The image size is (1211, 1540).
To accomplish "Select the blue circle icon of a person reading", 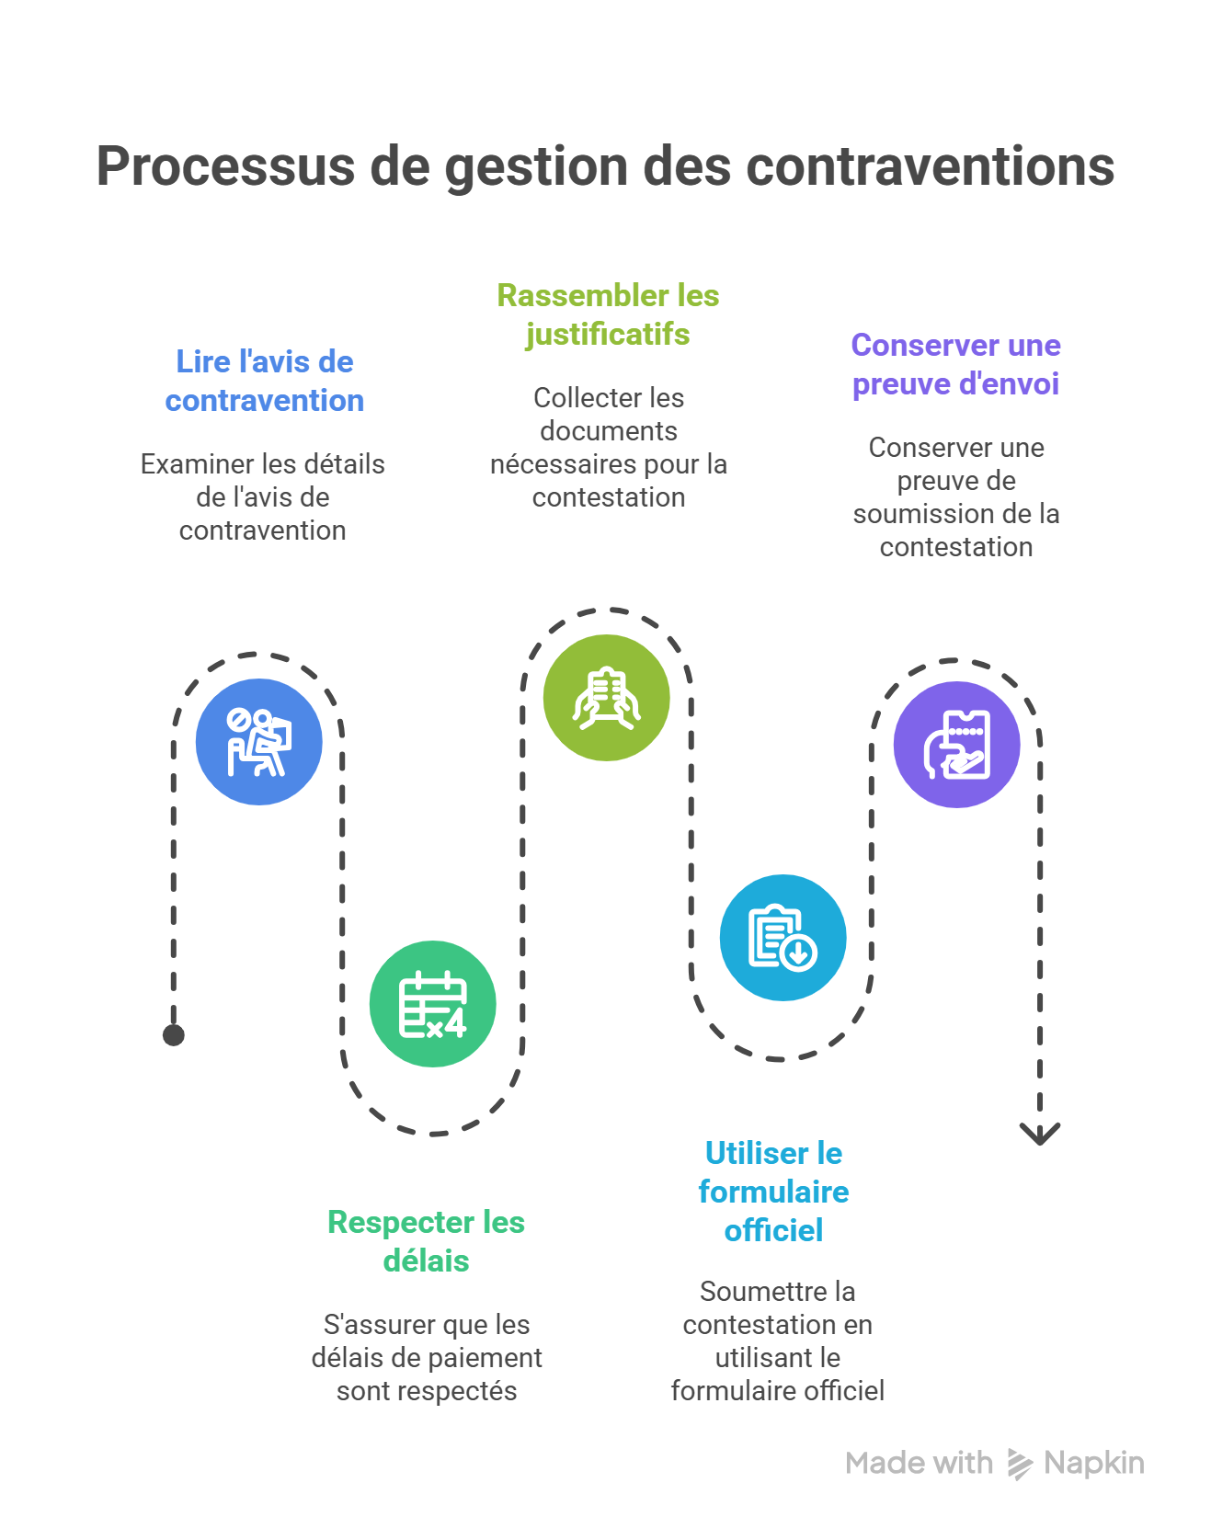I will [259, 742].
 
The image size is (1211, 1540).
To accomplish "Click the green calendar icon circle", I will [432, 1004].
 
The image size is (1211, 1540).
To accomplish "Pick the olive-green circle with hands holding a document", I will [606, 698].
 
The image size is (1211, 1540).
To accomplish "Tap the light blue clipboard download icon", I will [783, 937].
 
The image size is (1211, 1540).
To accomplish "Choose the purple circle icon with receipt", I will [956, 745].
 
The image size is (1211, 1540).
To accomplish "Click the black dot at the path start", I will [174, 1035].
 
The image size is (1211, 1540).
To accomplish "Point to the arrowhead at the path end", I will [1040, 1134].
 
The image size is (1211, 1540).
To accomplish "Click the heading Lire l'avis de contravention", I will [265, 381].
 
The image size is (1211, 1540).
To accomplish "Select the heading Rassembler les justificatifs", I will [608, 314].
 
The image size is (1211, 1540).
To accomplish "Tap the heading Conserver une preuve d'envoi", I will [955, 364].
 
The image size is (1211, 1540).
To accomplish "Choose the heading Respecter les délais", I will [426, 1241].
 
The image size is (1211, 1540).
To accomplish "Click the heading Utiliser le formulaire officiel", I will [773, 1192].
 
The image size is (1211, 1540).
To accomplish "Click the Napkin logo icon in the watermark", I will [1019, 1464].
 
